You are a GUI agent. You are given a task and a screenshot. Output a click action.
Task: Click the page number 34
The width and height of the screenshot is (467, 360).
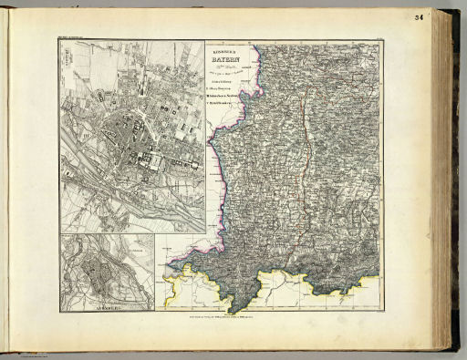(443, 17)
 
